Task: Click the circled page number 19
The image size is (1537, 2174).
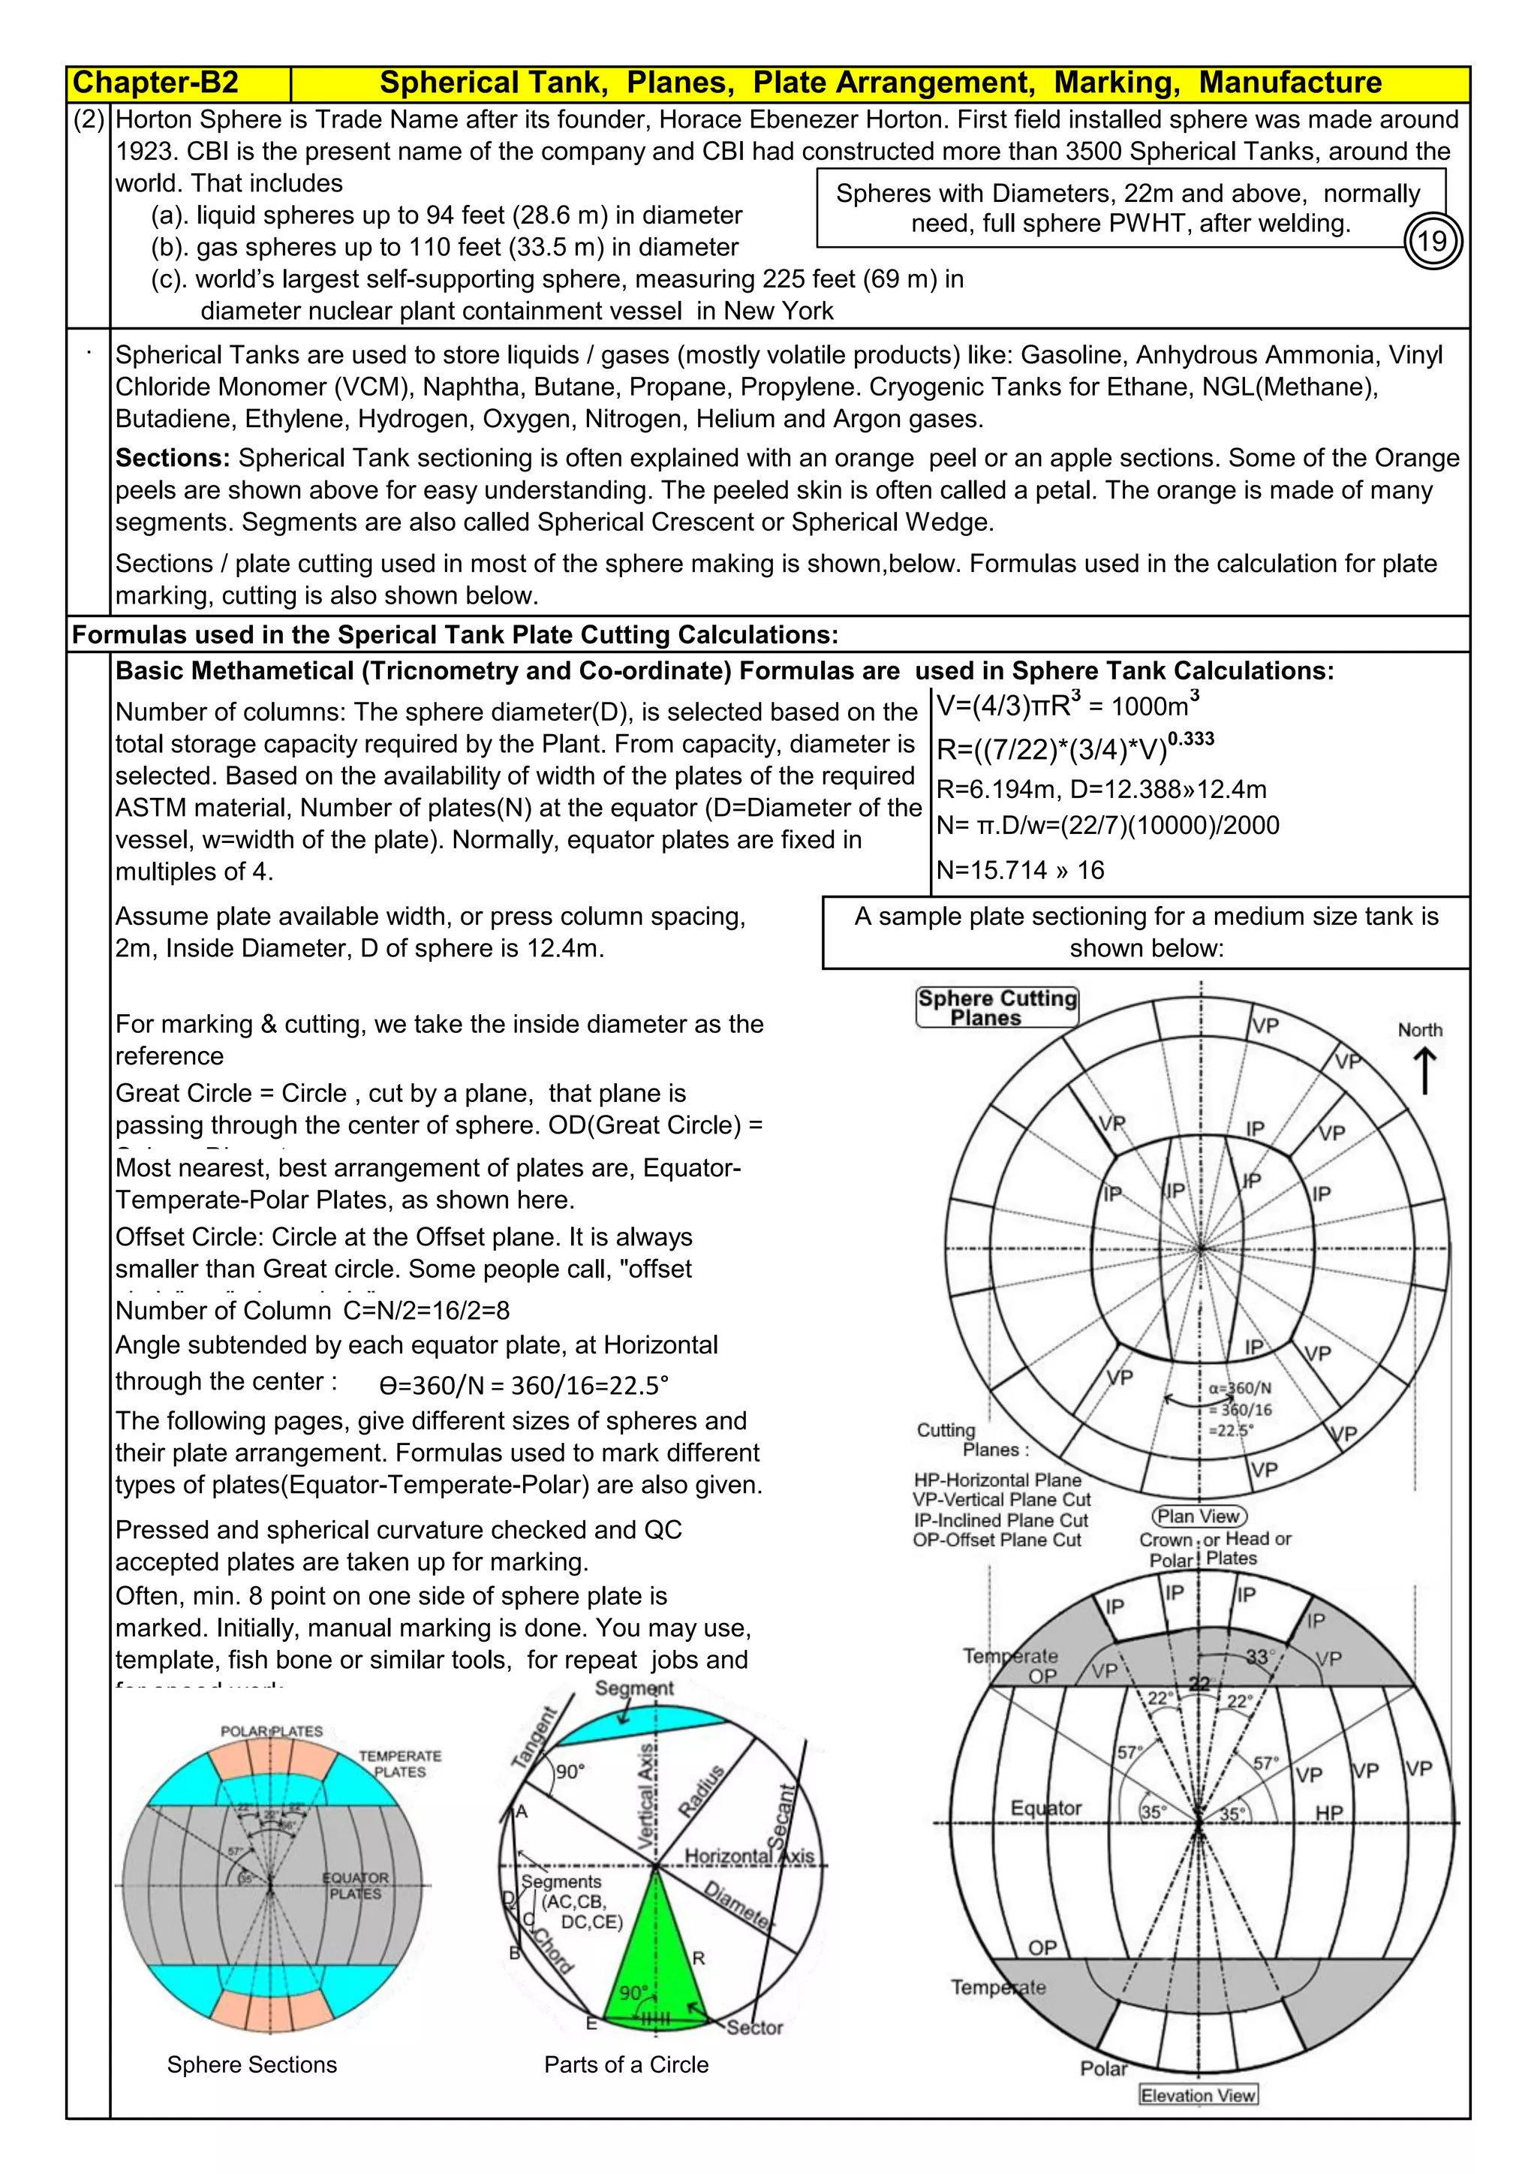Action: point(1432,242)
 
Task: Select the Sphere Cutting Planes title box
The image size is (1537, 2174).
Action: point(997,1007)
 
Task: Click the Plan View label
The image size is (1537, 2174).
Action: point(1199,1516)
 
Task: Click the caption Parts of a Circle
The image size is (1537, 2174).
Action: point(626,2064)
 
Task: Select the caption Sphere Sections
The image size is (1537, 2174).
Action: point(251,2064)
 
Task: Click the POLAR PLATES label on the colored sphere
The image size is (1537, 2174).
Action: point(272,1731)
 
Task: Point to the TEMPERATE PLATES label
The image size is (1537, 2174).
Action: point(399,1763)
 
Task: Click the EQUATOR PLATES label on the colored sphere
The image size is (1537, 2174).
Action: point(355,1885)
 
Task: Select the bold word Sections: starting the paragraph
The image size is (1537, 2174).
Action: point(173,458)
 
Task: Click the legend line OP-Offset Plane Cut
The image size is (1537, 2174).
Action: point(997,1540)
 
